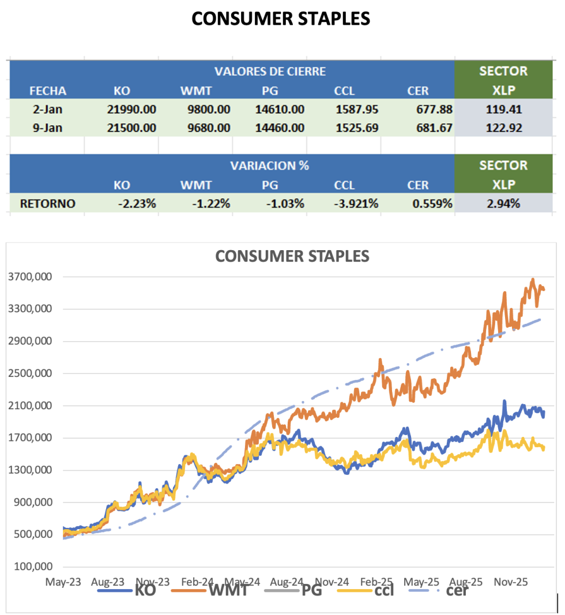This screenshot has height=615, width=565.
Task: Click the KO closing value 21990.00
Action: [x=131, y=109]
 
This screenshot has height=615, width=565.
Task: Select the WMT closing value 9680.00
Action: [x=206, y=127]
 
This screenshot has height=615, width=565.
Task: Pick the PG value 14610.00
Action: [x=280, y=109]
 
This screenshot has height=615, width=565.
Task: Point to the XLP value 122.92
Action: [x=503, y=127]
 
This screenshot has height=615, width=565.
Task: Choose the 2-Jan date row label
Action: [x=48, y=109]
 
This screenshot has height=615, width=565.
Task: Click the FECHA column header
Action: [x=48, y=90]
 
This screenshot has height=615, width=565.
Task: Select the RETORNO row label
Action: [x=47, y=203]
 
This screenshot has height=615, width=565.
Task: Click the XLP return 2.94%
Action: [x=503, y=203]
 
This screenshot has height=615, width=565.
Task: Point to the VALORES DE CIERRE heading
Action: [x=270, y=71]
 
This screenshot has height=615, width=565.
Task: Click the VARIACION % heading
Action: [x=270, y=165]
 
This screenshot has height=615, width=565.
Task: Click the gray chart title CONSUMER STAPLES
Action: [x=292, y=256]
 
